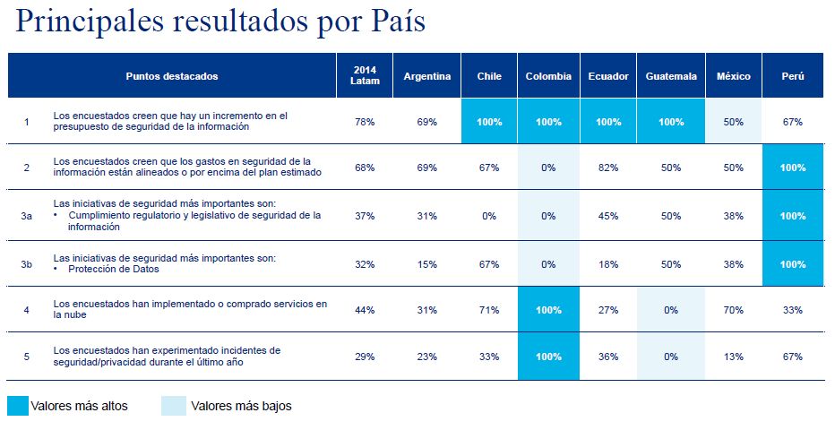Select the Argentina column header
[x=426, y=76]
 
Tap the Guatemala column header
[x=671, y=76]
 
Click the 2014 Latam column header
[x=365, y=76]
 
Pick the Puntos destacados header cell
[x=172, y=76]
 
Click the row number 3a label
[x=26, y=216]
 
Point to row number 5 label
[x=26, y=357]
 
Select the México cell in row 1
[x=734, y=121]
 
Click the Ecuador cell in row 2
[x=608, y=168]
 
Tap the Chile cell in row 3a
[x=489, y=216]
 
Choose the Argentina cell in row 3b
[x=426, y=264]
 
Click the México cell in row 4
[x=734, y=310]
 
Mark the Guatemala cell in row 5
[x=671, y=357]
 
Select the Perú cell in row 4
[x=792, y=310]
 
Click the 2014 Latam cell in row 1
[x=365, y=121]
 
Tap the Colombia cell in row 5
[x=548, y=357]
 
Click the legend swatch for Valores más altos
[x=18, y=406]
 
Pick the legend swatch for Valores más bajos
[x=174, y=406]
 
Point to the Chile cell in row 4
[x=489, y=310]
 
